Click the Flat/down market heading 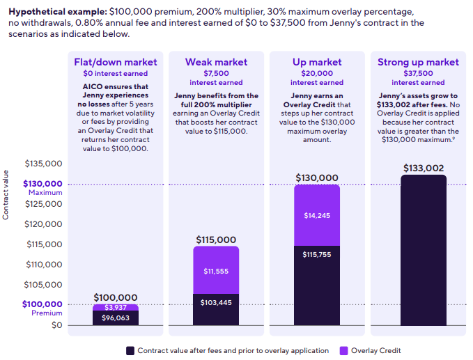click(x=116, y=62)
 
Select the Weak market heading click(x=216, y=62)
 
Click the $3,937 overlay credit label click(x=116, y=307)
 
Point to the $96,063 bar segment click(x=116, y=318)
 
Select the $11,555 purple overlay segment click(x=216, y=270)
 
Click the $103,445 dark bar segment click(x=216, y=303)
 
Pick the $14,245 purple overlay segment click(x=317, y=215)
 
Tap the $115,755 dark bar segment click(x=317, y=254)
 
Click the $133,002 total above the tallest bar click(x=423, y=168)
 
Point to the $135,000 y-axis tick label click(x=43, y=164)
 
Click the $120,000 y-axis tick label click(x=43, y=224)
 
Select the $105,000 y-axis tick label click(x=43, y=284)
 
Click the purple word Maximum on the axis click(x=46, y=193)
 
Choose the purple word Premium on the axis click(x=47, y=313)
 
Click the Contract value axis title click(x=6, y=195)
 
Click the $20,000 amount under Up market click(x=317, y=73)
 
